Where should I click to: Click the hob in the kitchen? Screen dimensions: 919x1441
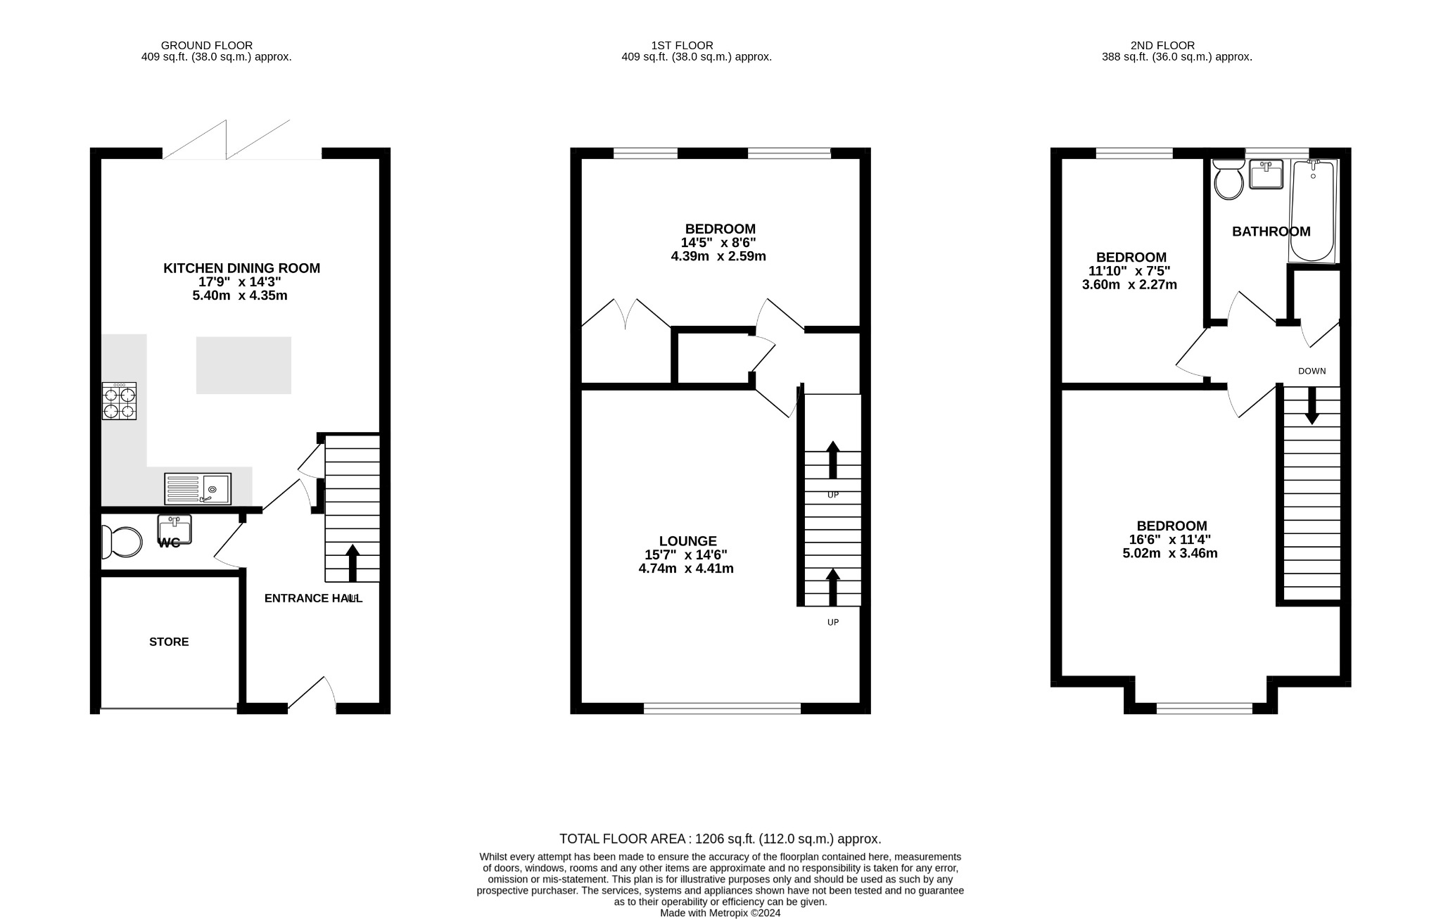tap(119, 402)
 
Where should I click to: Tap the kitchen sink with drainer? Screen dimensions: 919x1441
tap(198, 488)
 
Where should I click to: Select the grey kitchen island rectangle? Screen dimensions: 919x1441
tap(243, 365)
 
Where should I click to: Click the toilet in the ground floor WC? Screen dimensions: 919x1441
tap(122, 542)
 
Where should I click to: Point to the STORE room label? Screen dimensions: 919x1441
tap(169, 642)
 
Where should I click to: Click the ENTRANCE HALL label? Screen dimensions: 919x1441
tap(312, 598)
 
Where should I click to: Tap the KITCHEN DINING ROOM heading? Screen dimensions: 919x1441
tap(241, 268)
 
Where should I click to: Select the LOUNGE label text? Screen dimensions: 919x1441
tap(687, 541)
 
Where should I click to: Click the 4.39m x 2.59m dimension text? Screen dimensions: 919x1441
tap(718, 256)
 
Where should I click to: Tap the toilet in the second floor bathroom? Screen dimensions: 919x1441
tap(1229, 181)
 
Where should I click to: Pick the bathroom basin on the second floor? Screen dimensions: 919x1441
tap(1266, 175)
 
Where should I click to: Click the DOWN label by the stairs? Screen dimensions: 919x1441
tap(1312, 371)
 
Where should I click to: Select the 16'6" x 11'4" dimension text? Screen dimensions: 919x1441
tap(1170, 540)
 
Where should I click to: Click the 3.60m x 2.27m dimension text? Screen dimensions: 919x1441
tap(1129, 285)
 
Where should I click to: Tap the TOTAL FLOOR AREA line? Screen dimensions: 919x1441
tap(720, 839)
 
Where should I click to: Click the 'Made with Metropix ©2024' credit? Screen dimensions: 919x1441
tap(720, 913)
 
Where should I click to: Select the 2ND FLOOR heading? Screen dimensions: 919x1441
tap(1162, 45)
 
